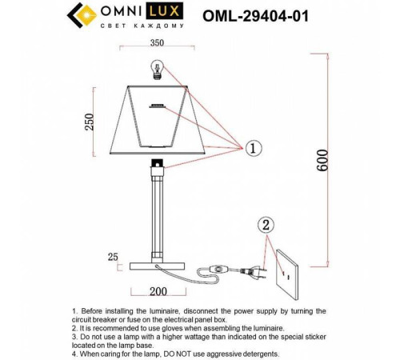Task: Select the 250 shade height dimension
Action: click(90, 121)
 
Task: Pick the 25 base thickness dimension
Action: click(112, 257)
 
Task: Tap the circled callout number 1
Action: click(252, 148)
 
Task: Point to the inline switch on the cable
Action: click(218, 269)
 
